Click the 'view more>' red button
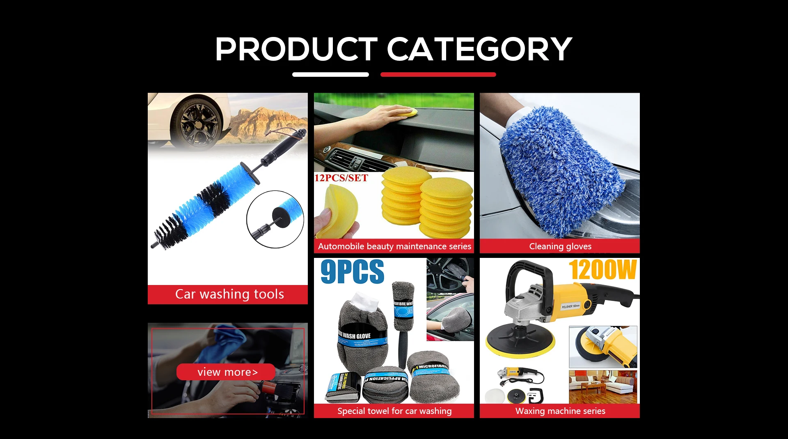point(226,372)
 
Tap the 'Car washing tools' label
point(229,294)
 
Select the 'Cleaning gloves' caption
point(560,246)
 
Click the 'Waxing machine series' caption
point(560,411)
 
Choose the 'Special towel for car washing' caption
point(394,411)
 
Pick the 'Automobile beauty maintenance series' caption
point(394,246)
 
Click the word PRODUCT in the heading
point(295,49)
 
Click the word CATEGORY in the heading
point(479,49)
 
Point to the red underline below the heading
point(438,74)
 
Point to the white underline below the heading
point(330,74)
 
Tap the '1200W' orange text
point(602,270)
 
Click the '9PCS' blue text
point(352,271)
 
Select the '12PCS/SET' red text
point(341,178)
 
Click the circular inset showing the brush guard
point(275,219)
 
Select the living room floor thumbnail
point(602,386)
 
